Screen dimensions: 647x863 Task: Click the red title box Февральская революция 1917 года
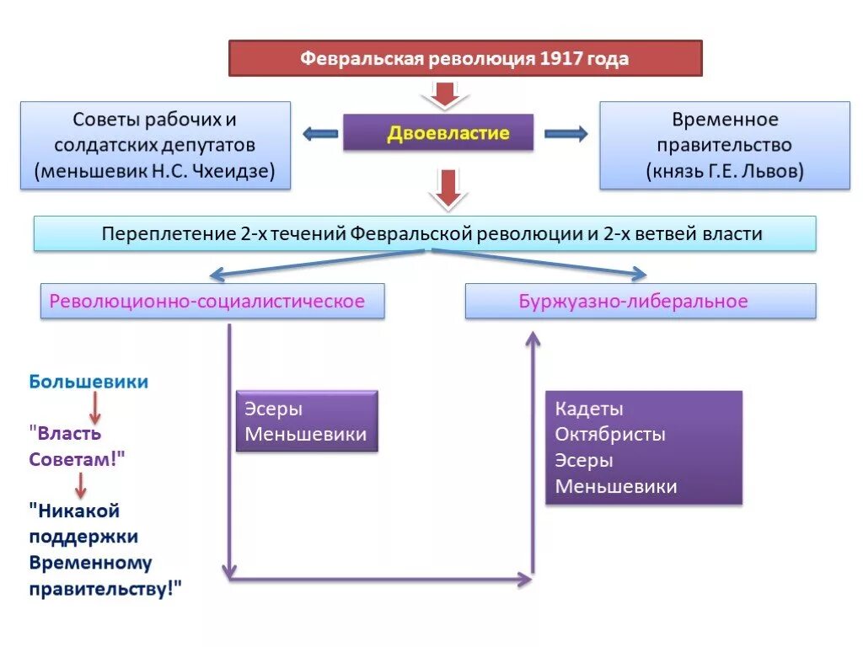coord(465,59)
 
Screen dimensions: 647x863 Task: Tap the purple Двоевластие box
coord(438,133)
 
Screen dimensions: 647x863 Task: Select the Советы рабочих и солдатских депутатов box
coord(155,145)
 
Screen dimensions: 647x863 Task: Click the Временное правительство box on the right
coord(725,145)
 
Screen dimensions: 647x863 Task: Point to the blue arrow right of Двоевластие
coord(566,133)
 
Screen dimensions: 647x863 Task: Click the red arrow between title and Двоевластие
coord(447,94)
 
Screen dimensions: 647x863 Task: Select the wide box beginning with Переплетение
coord(425,233)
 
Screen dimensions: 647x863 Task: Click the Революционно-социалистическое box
coord(212,301)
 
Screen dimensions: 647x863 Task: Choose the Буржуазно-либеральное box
coord(641,301)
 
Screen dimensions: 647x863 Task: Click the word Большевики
coord(88,382)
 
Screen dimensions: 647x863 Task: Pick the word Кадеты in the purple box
coord(589,409)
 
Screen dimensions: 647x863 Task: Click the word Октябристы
coord(610,435)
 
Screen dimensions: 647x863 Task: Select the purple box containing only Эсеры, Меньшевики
coord(306,421)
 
